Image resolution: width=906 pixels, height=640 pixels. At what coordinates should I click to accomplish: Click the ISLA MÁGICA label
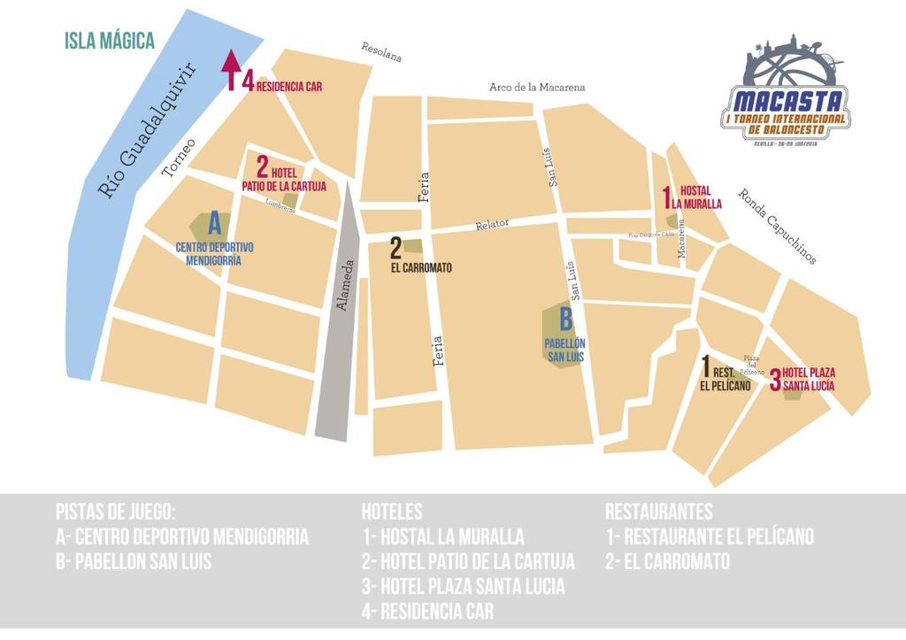click(x=110, y=41)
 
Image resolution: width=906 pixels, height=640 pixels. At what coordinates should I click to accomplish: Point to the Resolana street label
click(x=381, y=52)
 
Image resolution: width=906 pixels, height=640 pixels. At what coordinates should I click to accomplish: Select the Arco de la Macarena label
click(x=537, y=87)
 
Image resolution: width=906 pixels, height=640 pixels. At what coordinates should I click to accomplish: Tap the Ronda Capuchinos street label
click(x=777, y=227)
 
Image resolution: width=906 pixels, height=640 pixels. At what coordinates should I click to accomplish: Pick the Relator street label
click(x=491, y=224)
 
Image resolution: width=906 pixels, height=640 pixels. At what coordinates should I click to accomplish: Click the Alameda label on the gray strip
click(x=345, y=284)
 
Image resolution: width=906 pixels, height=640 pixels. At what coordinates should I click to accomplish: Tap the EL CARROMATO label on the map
click(x=421, y=266)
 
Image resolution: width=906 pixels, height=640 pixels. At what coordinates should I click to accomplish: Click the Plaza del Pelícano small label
click(x=752, y=363)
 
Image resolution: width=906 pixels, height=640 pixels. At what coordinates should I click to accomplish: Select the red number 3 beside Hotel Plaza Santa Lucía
click(x=774, y=380)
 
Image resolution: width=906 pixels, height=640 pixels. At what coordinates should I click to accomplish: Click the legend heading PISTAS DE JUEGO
click(x=115, y=512)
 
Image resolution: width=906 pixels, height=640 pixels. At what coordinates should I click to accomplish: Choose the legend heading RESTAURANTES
click(x=658, y=512)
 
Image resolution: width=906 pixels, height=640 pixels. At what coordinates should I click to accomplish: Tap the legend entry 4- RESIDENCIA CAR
click(x=427, y=611)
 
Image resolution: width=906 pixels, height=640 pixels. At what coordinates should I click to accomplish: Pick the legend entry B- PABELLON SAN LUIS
click(x=133, y=561)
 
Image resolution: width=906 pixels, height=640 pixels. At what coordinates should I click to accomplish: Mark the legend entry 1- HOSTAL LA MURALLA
click(x=442, y=536)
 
